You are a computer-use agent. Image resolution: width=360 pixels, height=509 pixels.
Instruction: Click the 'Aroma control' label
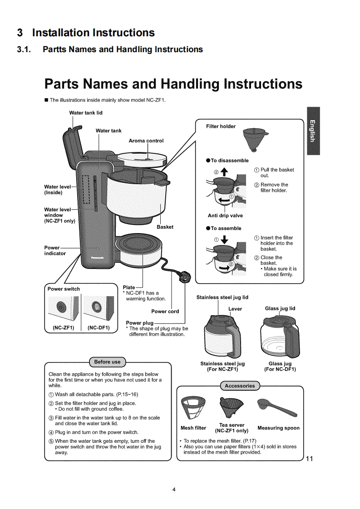click(x=146, y=141)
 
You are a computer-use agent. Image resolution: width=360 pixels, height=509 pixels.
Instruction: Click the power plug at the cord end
click(x=185, y=276)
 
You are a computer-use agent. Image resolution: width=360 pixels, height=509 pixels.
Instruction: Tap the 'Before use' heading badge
click(x=107, y=362)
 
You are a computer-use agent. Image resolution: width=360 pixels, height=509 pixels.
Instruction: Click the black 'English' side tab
click(x=313, y=131)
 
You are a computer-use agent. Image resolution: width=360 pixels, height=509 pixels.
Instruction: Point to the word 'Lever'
click(x=235, y=309)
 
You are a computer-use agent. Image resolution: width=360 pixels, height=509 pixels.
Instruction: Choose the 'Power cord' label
click(x=165, y=311)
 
